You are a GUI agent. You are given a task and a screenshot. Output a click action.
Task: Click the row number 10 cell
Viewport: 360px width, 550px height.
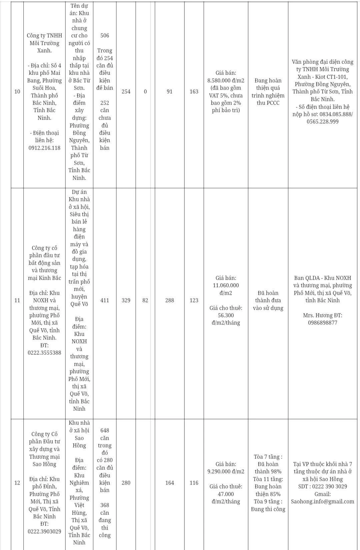(17, 91)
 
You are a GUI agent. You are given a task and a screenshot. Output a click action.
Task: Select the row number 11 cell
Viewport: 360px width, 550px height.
(17, 300)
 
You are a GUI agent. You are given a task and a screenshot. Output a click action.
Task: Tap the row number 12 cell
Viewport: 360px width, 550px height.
(17, 483)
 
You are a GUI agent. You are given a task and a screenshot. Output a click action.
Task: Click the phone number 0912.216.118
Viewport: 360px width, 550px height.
(45, 148)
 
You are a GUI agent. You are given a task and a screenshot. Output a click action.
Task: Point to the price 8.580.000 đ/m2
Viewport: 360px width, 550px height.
(226, 80)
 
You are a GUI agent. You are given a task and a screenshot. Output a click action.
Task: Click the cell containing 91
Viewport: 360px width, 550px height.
(170, 91)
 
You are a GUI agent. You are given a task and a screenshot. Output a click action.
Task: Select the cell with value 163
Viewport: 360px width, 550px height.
(194, 91)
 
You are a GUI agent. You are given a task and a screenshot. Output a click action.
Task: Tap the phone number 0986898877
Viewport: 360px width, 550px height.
(322, 323)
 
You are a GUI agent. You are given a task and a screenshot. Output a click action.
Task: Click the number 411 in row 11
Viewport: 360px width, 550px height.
(105, 300)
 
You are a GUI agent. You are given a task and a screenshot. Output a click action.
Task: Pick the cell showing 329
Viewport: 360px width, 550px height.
(126, 300)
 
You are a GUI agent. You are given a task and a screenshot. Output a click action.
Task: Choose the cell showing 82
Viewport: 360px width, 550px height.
(145, 300)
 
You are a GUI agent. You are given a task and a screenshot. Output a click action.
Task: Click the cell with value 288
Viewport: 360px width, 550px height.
(170, 300)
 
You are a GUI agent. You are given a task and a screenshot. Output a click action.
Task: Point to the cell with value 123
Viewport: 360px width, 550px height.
(194, 300)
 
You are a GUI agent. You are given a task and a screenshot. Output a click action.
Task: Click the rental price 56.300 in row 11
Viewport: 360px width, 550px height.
(226, 315)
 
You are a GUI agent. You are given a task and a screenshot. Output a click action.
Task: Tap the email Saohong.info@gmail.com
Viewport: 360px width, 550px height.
(322, 501)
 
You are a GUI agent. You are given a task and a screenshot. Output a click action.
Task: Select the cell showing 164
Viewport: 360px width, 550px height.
(170, 483)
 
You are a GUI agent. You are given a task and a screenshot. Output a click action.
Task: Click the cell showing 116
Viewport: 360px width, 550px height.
(194, 483)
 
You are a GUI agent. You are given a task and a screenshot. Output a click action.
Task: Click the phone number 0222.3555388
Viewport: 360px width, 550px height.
(45, 353)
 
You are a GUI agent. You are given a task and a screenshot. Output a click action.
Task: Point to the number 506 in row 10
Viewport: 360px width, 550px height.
(105, 35)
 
